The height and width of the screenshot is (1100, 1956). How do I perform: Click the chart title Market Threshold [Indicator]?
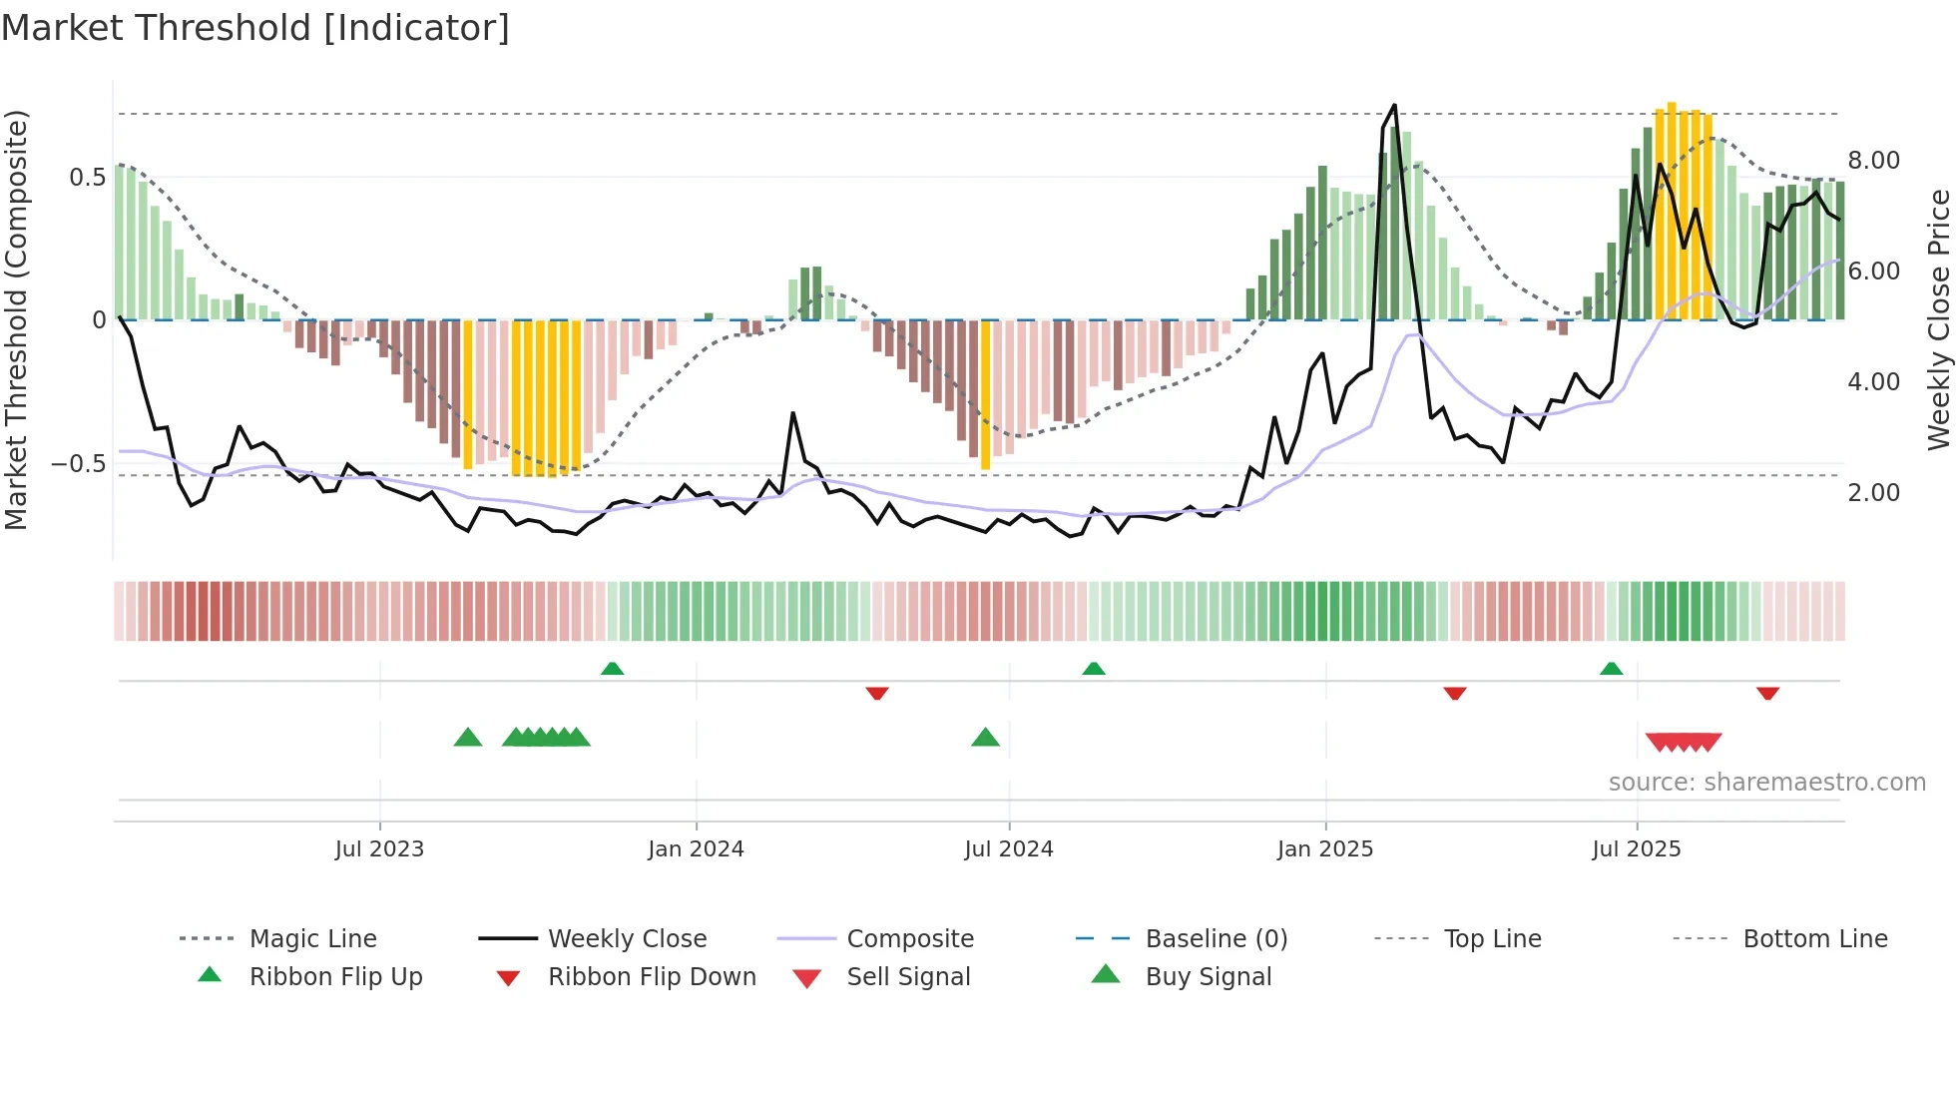click(255, 28)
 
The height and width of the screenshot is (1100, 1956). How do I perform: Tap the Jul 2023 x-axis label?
click(379, 849)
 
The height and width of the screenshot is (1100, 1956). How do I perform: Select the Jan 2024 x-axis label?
click(696, 849)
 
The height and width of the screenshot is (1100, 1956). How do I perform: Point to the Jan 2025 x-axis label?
click(1325, 849)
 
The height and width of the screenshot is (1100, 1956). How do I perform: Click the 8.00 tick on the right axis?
click(1873, 161)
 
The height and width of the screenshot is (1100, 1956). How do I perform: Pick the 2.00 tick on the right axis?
click(1873, 493)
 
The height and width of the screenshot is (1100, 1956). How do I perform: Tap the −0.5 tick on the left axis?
click(78, 464)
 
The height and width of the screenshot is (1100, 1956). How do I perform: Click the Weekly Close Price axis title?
click(1938, 319)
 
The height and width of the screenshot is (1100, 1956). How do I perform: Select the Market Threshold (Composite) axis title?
click(16, 319)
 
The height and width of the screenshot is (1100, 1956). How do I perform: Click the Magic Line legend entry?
click(312, 939)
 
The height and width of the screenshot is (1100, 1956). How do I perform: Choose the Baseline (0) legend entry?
click(1216, 939)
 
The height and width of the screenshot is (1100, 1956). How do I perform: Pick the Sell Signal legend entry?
click(907, 977)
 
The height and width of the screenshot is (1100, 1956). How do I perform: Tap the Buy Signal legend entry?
click(1208, 977)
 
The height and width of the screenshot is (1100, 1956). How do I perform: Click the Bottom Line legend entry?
click(1814, 939)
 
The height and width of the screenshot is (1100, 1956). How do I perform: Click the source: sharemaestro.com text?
click(1766, 783)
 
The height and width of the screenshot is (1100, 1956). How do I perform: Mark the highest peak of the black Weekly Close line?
click(1394, 105)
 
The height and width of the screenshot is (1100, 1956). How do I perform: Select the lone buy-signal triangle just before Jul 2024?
click(985, 738)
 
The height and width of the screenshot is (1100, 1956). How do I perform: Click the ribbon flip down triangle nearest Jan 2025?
click(1454, 693)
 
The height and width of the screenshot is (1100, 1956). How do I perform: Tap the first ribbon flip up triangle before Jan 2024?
click(612, 669)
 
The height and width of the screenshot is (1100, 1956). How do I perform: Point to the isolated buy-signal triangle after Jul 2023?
click(467, 738)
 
